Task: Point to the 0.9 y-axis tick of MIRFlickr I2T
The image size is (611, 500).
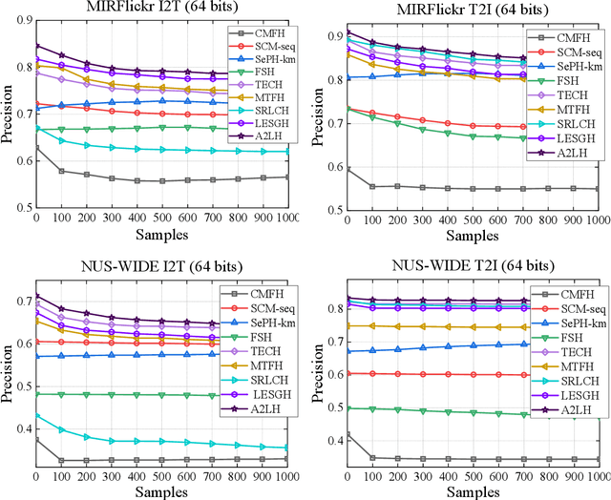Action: click(20, 20)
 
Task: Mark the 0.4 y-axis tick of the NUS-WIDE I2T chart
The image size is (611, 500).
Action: click(20, 427)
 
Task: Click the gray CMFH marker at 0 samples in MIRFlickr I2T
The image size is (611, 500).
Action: click(36, 148)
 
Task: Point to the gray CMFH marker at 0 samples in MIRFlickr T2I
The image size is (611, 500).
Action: click(347, 169)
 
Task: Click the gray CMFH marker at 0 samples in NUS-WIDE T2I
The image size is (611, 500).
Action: click(347, 434)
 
